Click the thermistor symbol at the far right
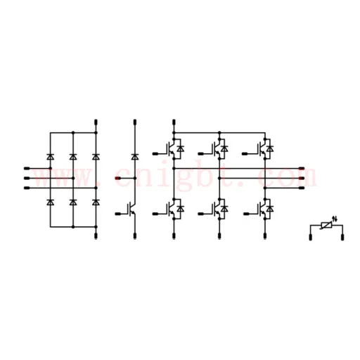pyautogui.click(x=326, y=226)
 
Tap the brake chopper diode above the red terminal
pyautogui.click(x=135, y=157)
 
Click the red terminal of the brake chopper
pyautogui.click(x=118, y=179)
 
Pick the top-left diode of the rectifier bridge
pyautogui.click(x=50, y=157)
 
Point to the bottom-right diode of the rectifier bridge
pyautogui.click(x=96, y=202)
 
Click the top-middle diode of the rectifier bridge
pyautogui.click(x=73, y=157)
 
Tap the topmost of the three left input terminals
pyautogui.click(x=27, y=168)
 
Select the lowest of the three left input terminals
pyautogui.click(x=27, y=188)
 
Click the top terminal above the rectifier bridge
pyautogui.click(x=96, y=122)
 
